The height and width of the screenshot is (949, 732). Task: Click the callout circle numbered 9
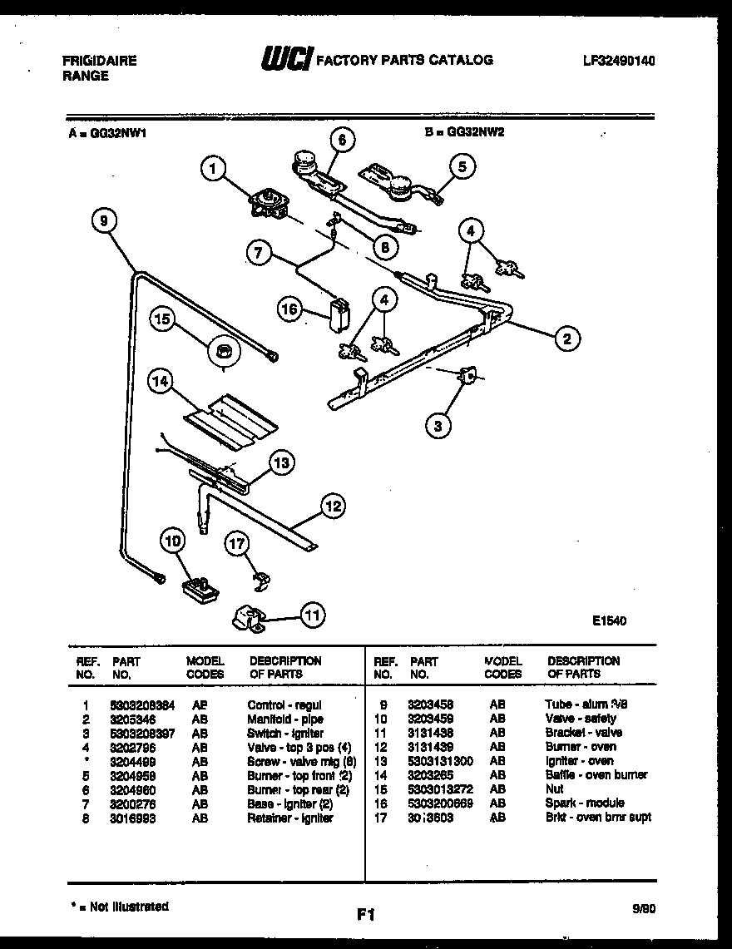pyautogui.click(x=103, y=220)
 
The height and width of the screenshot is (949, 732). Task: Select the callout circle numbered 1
pyautogui.click(x=214, y=170)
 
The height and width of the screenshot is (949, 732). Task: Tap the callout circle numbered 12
pyautogui.click(x=333, y=505)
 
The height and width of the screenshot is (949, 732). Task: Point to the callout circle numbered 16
pyautogui.click(x=289, y=309)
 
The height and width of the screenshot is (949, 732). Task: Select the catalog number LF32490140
pyautogui.click(x=618, y=61)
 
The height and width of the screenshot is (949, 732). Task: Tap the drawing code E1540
pyautogui.click(x=609, y=620)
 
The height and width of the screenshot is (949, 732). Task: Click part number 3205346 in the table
pyautogui.click(x=134, y=719)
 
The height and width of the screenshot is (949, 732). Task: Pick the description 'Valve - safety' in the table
pyautogui.click(x=581, y=719)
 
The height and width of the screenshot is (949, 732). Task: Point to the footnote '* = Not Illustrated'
pyautogui.click(x=117, y=907)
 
